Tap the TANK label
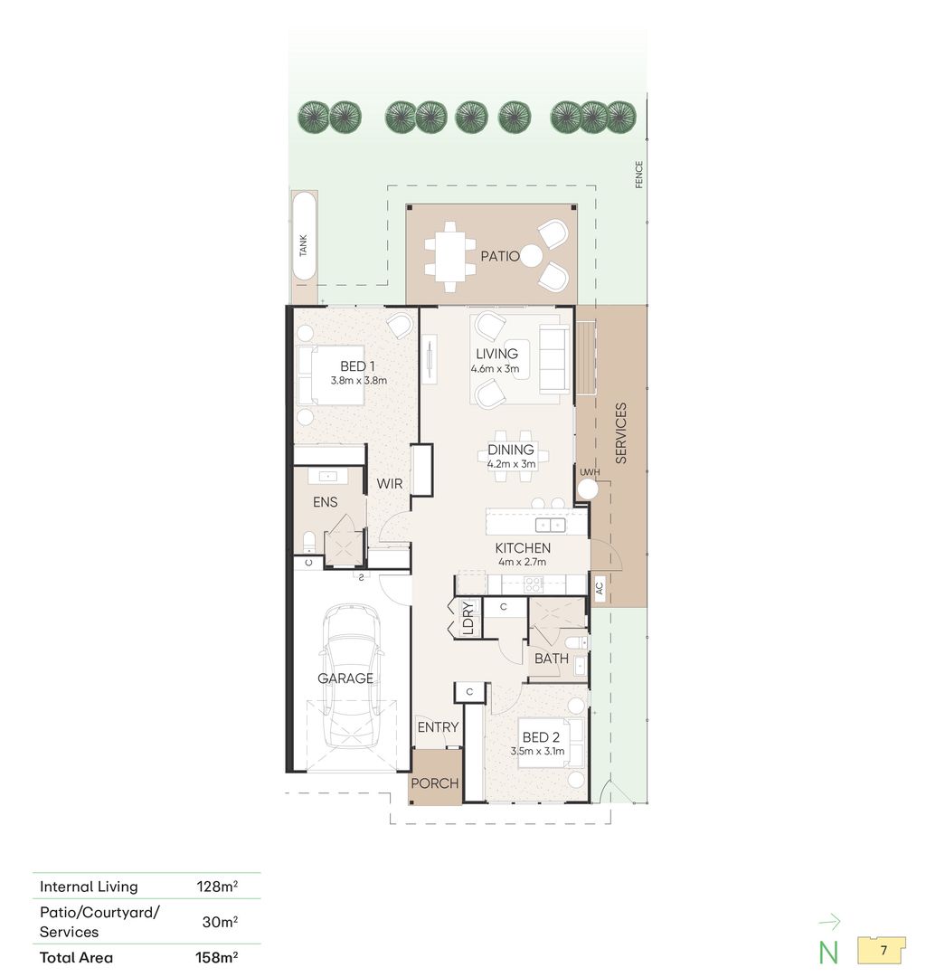[x=303, y=245]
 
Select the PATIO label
[x=499, y=256]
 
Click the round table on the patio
[x=532, y=255]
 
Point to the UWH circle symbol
[x=587, y=488]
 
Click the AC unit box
[x=600, y=587]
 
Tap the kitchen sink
[x=551, y=526]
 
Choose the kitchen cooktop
[x=534, y=584]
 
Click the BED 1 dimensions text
[x=359, y=380]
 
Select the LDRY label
[x=468, y=617]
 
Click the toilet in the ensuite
[x=309, y=543]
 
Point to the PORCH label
[x=435, y=783]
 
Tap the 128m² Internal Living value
[x=217, y=886]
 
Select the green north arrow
[x=830, y=922]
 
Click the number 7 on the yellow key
[x=884, y=951]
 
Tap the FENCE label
[x=638, y=175]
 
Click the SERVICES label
[x=620, y=433]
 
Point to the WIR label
[x=390, y=483]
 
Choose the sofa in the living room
[x=554, y=359]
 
